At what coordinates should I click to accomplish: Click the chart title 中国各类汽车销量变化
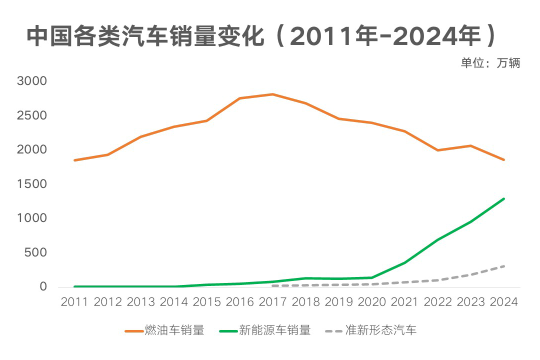(x=145, y=36)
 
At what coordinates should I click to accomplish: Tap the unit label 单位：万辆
(x=490, y=63)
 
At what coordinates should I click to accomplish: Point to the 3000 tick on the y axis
(x=31, y=81)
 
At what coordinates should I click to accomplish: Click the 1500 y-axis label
(x=31, y=184)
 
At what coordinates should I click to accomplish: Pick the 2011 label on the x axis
(x=74, y=302)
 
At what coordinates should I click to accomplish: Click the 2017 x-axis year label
(x=272, y=302)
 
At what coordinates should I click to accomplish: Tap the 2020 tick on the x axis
(x=372, y=302)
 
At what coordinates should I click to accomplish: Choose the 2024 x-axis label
(x=503, y=302)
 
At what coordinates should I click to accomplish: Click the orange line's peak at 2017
(x=272, y=94)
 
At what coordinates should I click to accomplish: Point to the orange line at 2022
(x=438, y=150)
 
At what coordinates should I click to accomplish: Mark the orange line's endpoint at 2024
(x=504, y=160)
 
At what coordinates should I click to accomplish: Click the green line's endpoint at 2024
(x=504, y=198)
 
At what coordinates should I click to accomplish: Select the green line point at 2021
(x=405, y=262)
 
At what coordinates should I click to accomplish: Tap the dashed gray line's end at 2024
(x=504, y=266)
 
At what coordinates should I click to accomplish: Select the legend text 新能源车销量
(x=275, y=330)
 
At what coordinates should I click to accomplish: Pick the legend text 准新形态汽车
(x=380, y=330)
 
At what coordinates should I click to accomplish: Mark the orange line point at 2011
(x=74, y=160)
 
